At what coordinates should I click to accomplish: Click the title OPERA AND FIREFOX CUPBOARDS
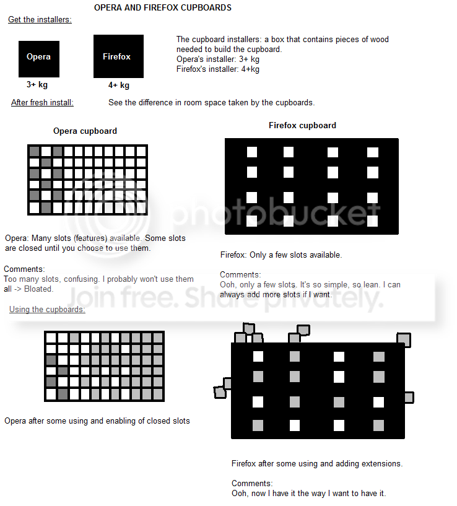pyautogui.click(x=162, y=8)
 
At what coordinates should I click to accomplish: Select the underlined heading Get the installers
pyautogui.click(x=40, y=20)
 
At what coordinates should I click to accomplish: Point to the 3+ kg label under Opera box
pyautogui.click(x=37, y=85)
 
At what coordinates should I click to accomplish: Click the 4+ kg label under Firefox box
pyautogui.click(x=118, y=85)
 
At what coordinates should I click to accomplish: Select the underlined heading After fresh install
pyautogui.click(x=42, y=102)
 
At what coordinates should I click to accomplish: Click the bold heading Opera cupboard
pyautogui.click(x=85, y=131)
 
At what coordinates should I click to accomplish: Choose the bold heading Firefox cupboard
pyautogui.click(x=302, y=125)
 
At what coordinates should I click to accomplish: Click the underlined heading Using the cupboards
pyautogui.click(x=47, y=309)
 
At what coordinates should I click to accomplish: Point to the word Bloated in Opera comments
pyautogui.click(x=38, y=289)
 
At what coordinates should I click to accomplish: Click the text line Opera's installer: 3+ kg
pyautogui.click(x=218, y=59)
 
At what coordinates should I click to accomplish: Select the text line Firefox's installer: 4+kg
pyautogui.click(x=218, y=69)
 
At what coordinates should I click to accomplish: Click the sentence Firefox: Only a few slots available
pyautogui.click(x=281, y=255)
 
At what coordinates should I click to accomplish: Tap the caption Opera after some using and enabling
pyautogui.click(x=97, y=421)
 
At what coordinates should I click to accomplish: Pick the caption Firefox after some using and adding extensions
pyautogui.click(x=317, y=463)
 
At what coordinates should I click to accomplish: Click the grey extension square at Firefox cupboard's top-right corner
pyautogui.click(x=404, y=339)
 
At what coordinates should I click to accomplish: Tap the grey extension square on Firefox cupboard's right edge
pyautogui.click(x=408, y=397)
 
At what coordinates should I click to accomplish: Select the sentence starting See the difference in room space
pyautogui.click(x=211, y=102)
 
